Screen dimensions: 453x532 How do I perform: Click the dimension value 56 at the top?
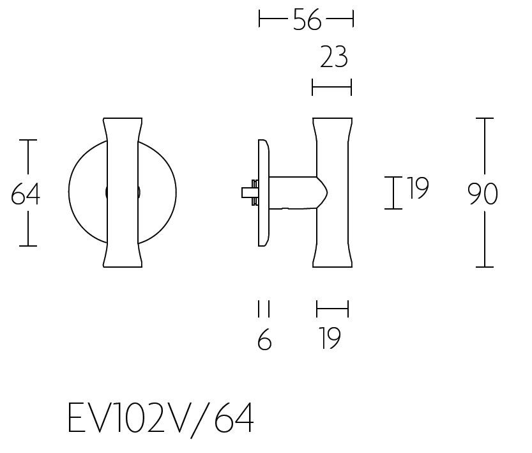(x=307, y=20)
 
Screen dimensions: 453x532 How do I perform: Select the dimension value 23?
(x=333, y=58)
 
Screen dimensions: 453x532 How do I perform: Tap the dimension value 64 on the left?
(x=26, y=194)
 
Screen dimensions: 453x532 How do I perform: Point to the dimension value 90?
(x=482, y=194)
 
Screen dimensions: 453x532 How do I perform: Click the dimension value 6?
(x=264, y=341)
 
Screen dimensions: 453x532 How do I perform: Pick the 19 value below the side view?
(x=330, y=339)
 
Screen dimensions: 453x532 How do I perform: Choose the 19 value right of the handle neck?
(x=418, y=188)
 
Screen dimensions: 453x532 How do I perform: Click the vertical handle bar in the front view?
(x=123, y=192)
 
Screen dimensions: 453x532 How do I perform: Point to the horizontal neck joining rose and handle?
(x=293, y=192)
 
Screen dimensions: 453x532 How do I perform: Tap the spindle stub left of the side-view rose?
(x=248, y=192)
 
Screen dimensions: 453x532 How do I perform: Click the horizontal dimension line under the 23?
(x=331, y=87)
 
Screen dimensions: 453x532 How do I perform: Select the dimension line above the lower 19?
(x=332, y=309)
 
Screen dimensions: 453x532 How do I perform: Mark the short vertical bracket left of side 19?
(x=393, y=193)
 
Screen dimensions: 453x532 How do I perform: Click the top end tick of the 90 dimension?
(x=485, y=119)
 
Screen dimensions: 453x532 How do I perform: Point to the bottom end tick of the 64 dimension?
(x=28, y=245)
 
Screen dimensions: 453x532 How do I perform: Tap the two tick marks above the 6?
(x=264, y=309)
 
